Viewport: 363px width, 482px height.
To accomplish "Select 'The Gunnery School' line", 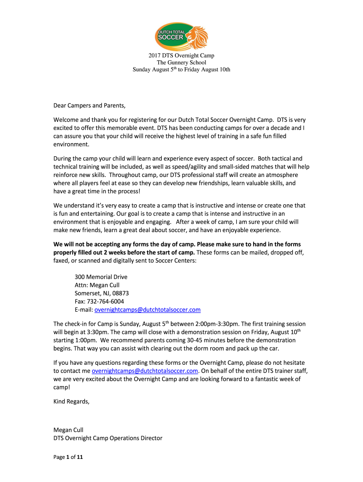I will [x=181, y=63].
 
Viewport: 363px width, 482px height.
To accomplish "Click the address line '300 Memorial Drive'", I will [x=101, y=277].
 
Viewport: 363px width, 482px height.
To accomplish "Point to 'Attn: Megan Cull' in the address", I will [x=97, y=285].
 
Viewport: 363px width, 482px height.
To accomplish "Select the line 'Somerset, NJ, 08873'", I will [x=102, y=293].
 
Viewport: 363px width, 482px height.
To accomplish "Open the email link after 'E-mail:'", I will [x=148, y=309].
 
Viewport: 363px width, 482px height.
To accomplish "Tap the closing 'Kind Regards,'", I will [x=71, y=402].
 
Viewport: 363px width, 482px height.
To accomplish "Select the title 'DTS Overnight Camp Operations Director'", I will [x=108, y=438].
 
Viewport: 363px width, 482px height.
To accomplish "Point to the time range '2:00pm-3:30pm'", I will [x=219, y=324].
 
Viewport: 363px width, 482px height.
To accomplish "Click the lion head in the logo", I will [x=196, y=34].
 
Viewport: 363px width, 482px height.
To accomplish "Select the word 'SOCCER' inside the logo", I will [x=172, y=38].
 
